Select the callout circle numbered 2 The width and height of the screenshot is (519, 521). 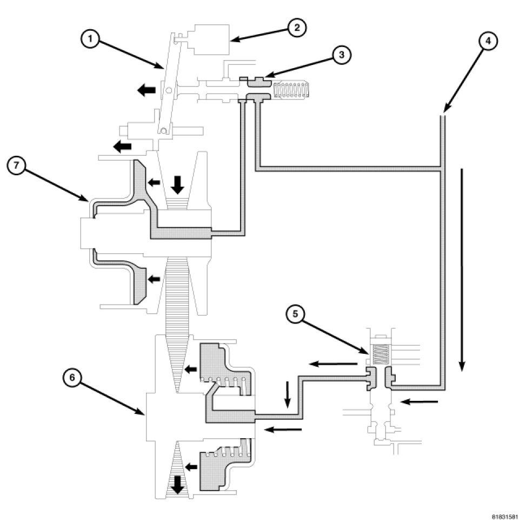(x=297, y=28)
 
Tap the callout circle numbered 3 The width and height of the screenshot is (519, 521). (x=341, y=55)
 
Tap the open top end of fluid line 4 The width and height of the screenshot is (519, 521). (x=442, y=115)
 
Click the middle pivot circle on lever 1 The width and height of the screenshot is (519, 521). (x=169, y=89)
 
